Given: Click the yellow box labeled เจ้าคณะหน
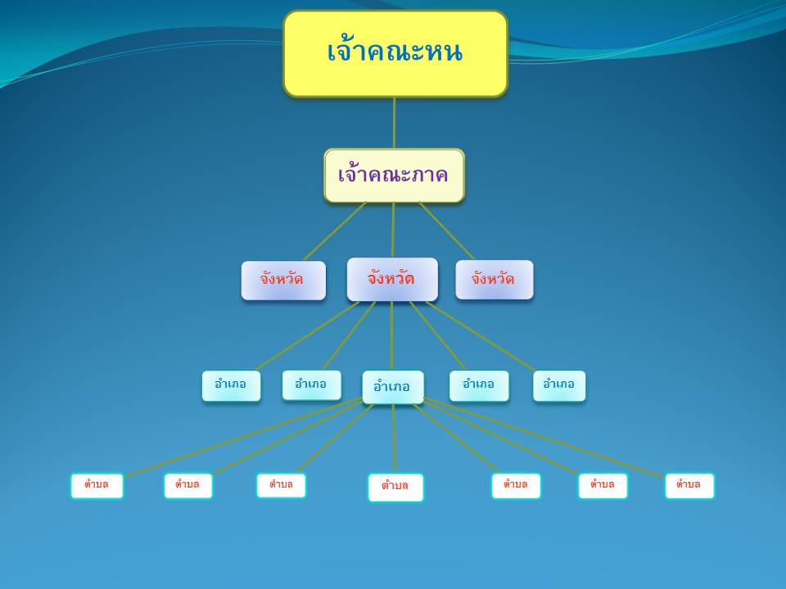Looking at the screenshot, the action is [395, 54].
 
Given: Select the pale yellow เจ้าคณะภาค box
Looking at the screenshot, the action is [395, 175].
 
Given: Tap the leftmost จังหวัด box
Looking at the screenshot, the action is [283, 281].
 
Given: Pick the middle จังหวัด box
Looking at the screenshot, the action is [392, 280].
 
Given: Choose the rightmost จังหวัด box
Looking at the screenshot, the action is [495, 280].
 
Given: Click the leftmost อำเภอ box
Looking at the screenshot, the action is [231, 385].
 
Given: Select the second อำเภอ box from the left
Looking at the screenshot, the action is [311, 384].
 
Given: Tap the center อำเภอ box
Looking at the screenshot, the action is [393, 387].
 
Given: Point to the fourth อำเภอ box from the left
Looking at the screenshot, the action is [479, 385].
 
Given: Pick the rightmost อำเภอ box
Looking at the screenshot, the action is [559, 385].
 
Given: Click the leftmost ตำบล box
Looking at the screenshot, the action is [97, 486].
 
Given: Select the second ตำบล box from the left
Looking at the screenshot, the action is [188, 486].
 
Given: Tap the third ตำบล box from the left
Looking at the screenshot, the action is [281, 485].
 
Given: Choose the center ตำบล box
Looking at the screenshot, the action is [395, 488].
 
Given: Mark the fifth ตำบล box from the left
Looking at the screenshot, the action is [516, 486].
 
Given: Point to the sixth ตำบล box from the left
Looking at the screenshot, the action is [603, 486].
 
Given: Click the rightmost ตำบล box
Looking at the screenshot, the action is [689, 486].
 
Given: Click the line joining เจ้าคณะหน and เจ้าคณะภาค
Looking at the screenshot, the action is [394, 123].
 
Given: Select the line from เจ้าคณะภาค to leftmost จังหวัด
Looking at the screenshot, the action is [335, 231].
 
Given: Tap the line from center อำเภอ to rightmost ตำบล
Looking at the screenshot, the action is [544, 437].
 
